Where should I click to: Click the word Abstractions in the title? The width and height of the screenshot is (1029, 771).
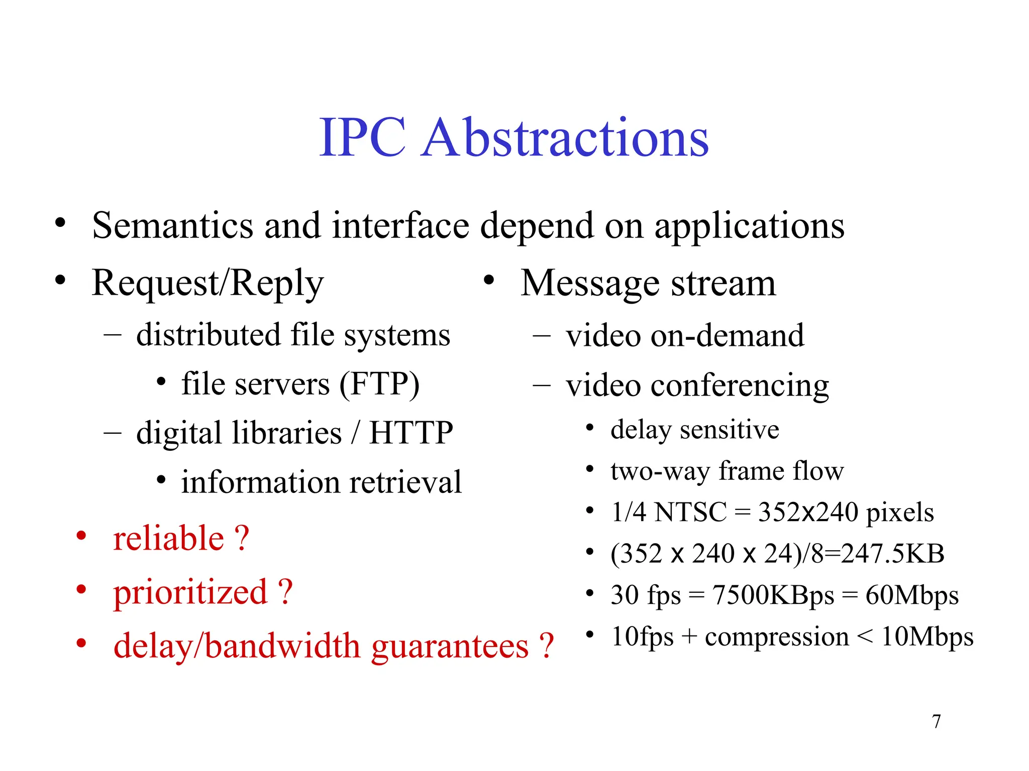point(565,138)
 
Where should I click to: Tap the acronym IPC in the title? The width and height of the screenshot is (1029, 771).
point(362,138)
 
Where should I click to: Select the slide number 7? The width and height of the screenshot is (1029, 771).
point(936,721)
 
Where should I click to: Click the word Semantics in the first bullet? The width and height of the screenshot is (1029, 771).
point(173,225)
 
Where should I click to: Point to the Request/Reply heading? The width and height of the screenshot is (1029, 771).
point(208,284)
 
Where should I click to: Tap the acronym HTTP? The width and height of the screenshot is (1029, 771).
point(411,433)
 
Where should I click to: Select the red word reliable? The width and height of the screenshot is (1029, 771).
point(168,539)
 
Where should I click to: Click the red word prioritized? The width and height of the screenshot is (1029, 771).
point(190,592)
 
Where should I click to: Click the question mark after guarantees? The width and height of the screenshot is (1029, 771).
point(546,646)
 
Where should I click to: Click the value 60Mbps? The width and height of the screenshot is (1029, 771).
point(912,595)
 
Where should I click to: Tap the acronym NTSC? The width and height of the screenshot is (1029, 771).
point(691,512)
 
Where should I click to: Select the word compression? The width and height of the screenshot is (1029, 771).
point(777,637)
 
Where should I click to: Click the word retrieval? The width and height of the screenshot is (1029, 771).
point(405,482)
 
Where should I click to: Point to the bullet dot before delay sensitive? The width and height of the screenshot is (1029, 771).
point(590,428)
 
